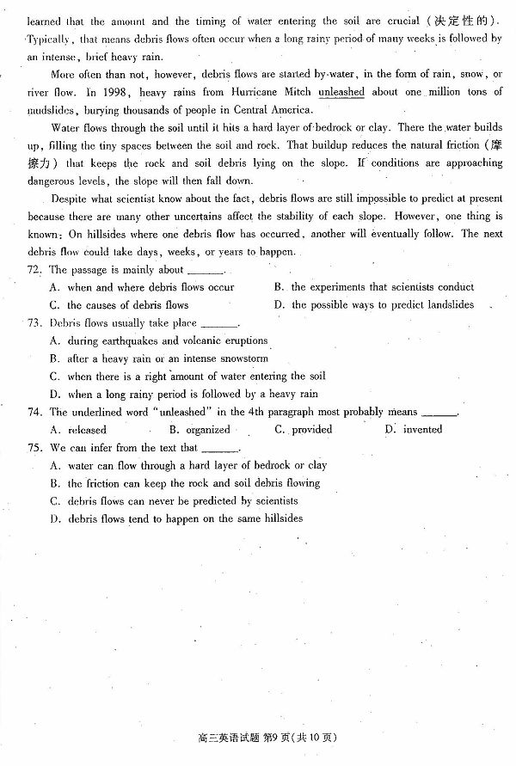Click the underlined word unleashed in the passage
(x=341, y=92)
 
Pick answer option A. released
(x=79, y=430)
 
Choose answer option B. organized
(x=200, y=430)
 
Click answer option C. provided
(x=304, y=430)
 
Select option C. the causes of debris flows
(x=120, y=305)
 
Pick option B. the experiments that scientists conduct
(x=373, y=287)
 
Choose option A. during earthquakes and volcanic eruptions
(x=159, y=341)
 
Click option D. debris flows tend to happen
(x=176, y=519)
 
